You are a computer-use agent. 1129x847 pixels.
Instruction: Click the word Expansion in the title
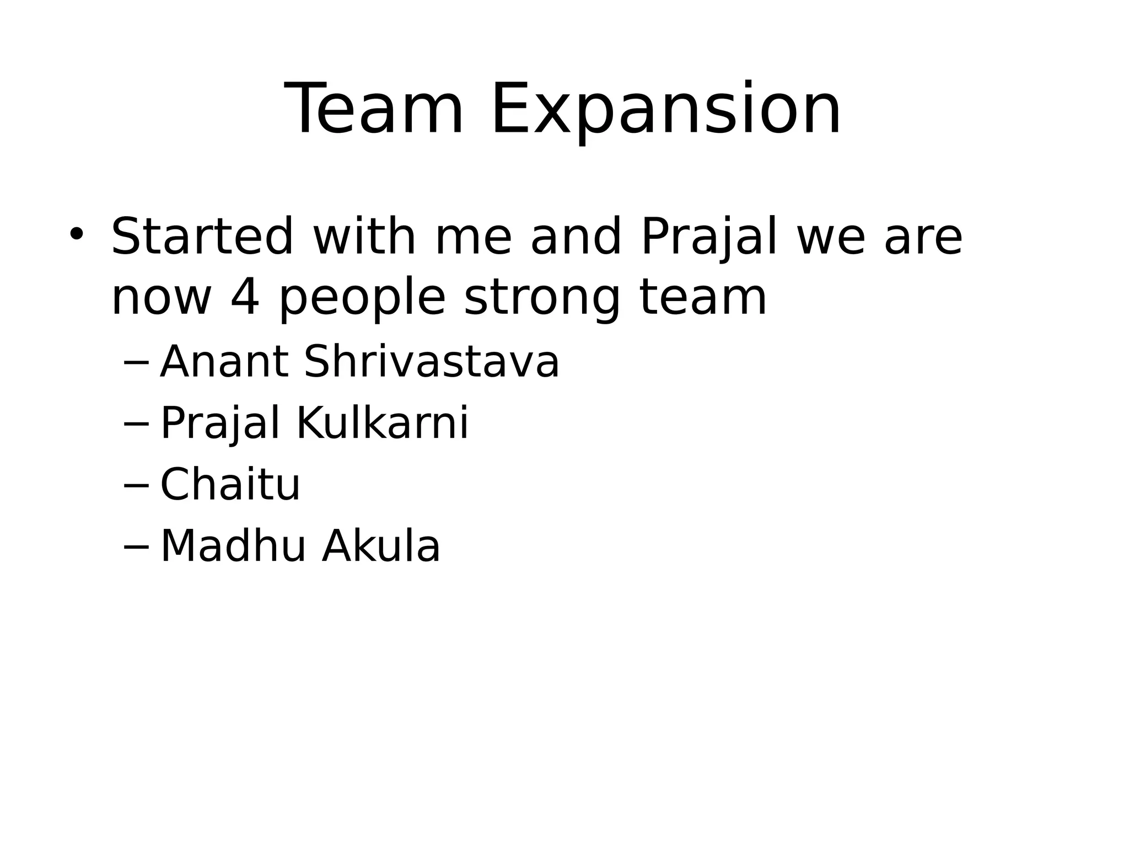coord(665,110)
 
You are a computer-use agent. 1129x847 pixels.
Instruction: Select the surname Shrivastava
coord(432,362)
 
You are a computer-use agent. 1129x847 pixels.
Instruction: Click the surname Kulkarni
coord(383,423)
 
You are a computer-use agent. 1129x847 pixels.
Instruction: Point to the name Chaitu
coord(230,485)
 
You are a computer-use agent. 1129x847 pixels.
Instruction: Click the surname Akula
coord(381,546)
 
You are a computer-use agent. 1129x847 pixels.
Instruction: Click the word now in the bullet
coord(162,299)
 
